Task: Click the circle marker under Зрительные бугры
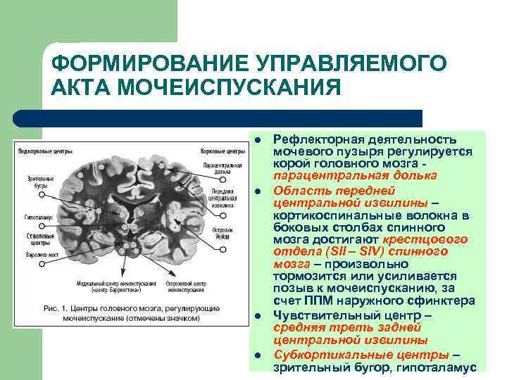[x=42, y=194]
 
